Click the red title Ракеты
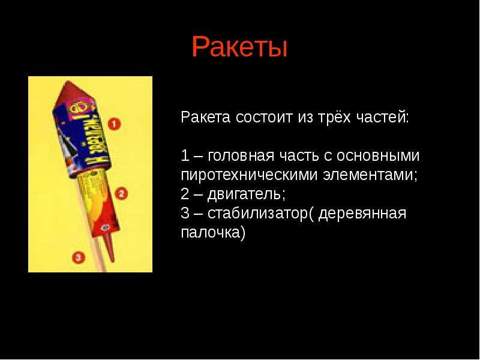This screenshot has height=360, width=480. pos(239,47)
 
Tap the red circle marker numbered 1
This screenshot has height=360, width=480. pos(114,124)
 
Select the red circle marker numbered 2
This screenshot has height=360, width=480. pos(121,194)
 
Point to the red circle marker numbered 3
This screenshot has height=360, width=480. pos(79,257)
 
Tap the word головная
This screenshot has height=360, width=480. pos(241,156)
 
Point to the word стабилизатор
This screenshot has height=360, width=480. pos(257,214)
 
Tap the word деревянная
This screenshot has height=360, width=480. pos(362,214)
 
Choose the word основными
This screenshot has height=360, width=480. pos(378,156)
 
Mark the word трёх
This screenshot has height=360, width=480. pos(334,117)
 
